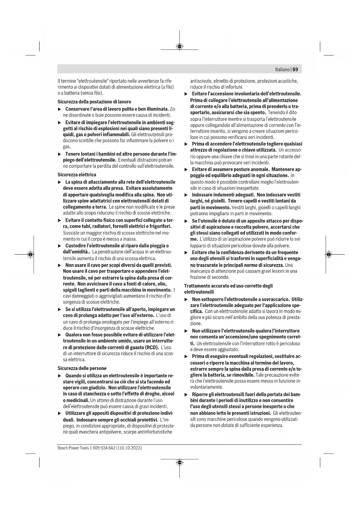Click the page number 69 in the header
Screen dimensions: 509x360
point(295,69)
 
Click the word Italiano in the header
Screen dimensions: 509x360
point(283,70)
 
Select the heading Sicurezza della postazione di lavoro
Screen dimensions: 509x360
point(94,102)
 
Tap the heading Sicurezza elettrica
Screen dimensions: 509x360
point(77,174)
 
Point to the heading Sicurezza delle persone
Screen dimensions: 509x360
point(82,368)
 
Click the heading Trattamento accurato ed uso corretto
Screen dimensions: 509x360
point(228,286)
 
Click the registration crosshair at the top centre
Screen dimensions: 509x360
point(180,46)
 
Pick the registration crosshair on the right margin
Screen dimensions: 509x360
point(328,255)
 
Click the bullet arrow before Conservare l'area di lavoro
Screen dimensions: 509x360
point(60,109)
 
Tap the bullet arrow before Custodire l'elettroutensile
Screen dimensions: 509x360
point(60,246)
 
